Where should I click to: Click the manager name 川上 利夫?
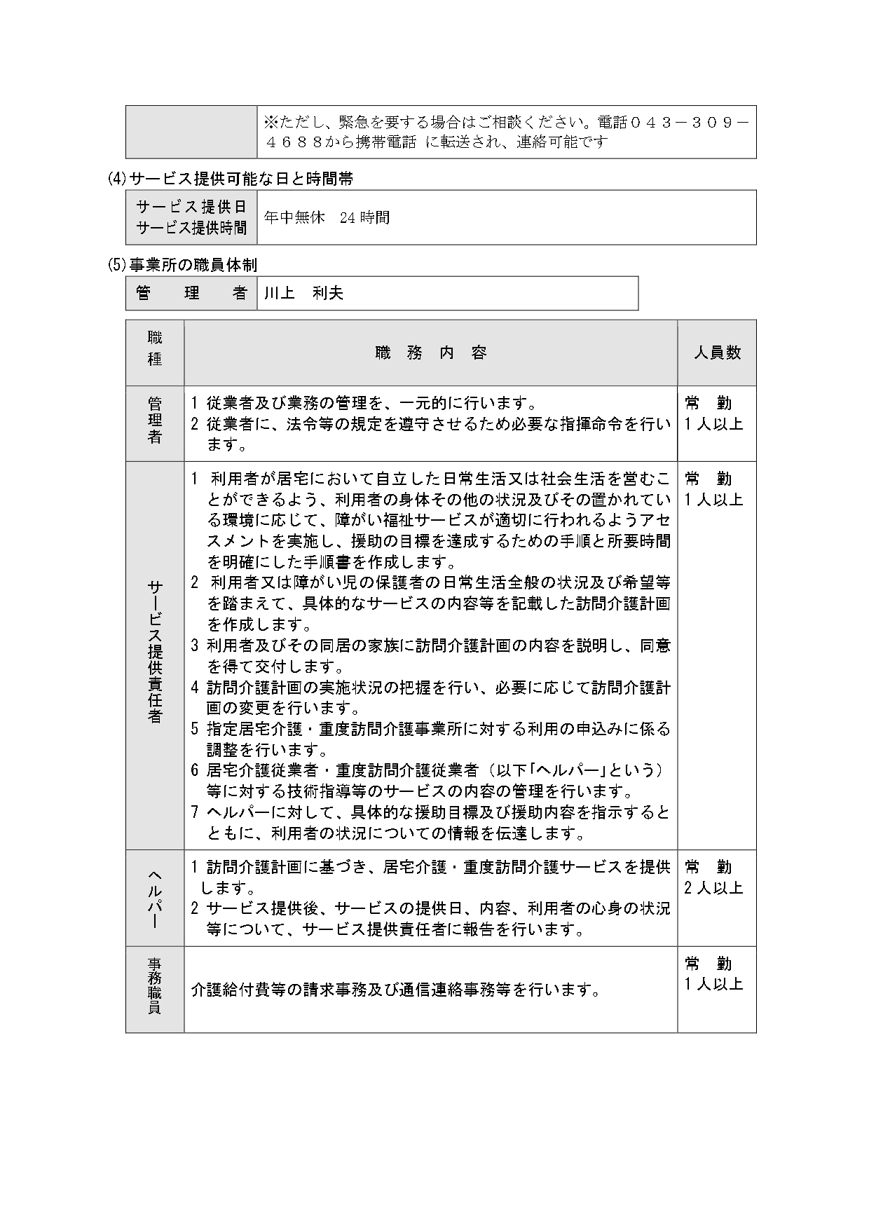point(303,293)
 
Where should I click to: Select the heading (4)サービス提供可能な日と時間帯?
point(231,179)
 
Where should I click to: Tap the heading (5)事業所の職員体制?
point(182,265)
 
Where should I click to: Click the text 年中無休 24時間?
point(326,217)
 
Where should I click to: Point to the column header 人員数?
point(717,353)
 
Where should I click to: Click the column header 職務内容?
point(431,353)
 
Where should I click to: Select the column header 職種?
point(155,348)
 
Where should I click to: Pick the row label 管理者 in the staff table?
point(155,421)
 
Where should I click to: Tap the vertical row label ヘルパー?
point(155,898)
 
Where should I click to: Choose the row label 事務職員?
point(155,989)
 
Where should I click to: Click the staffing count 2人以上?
point(713,888)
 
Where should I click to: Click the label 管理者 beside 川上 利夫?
point(191,293)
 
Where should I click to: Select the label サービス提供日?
point(191,207)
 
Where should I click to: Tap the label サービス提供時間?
point(191,228)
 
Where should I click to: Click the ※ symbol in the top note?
point(271,123)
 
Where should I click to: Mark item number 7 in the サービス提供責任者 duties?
point(195,812)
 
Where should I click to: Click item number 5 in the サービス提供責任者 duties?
point(195,728)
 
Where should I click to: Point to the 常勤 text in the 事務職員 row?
point(708,964)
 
